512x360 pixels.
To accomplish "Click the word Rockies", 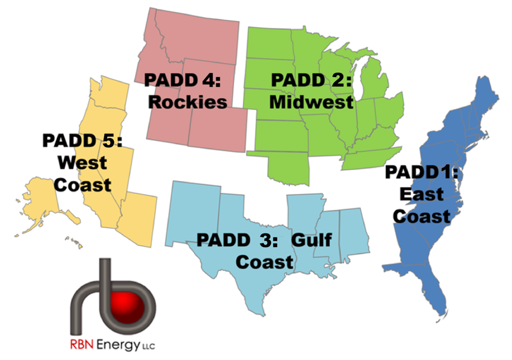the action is pyautogui.click(x=188, y=102).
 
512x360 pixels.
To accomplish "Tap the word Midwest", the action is pyautogui.click(x=311, y=102).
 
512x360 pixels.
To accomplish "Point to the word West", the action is pyautogui.click(x=83, y=163).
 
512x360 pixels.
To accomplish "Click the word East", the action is pyautogui.click(x=422, y=195).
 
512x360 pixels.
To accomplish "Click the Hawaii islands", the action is pyautogui.click(x=74, y=242).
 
